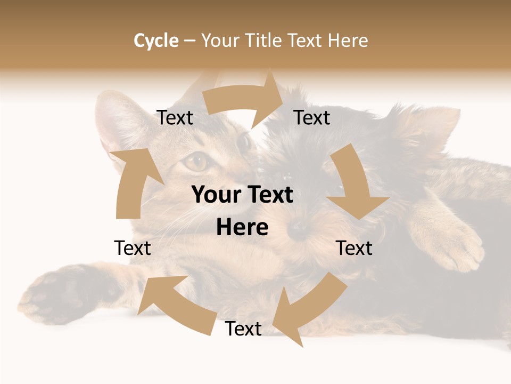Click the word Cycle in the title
(156, 41)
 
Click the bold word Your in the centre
(214, 195)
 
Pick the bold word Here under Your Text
(242, 228)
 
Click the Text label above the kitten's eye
(175, 118)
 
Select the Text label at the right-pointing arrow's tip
(312, 118)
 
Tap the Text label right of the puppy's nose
(355, 248)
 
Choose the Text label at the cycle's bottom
(243, 329)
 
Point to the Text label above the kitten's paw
(133, 248)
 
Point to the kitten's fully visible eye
(196, 161)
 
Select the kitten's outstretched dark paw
(59, 293)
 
